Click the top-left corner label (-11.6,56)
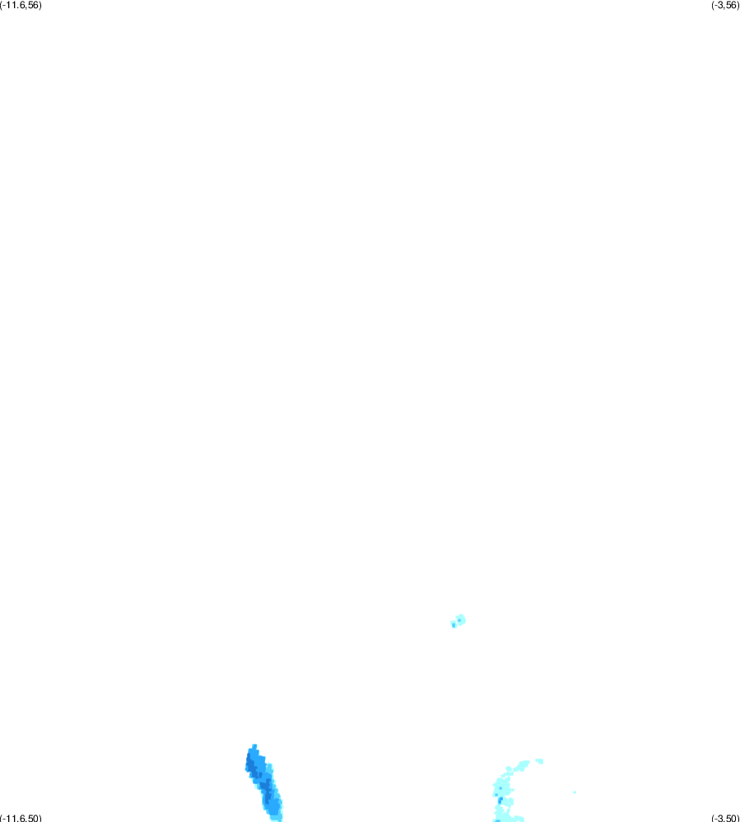coord(21,5)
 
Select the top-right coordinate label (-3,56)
coord(725,5)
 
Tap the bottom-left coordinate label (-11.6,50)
coord(21,818)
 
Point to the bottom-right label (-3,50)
coord(725,818)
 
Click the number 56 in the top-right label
coord(731,5)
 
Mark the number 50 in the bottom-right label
coord(731,818)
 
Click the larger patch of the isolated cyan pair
coord(460,620)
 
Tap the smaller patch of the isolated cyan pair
coord(454,624)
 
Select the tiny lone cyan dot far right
coord(575,792)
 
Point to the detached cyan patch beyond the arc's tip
coord(540,761)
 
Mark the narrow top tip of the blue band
coord(254,746)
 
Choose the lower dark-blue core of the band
coord(268,792)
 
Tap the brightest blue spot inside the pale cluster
coord(500,801)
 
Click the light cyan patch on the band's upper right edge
coord(269,769)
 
